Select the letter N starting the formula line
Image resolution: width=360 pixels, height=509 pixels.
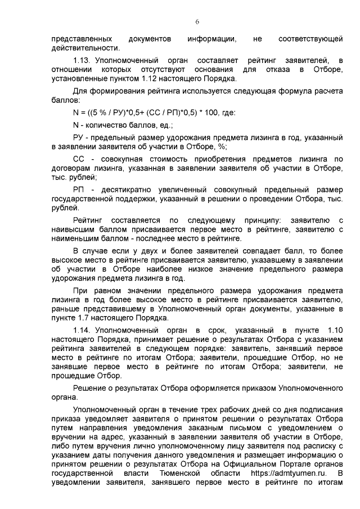click(x=76, y=112)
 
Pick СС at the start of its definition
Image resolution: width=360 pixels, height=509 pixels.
click(x=79, y=159)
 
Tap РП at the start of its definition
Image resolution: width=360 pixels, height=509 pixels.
click(x=79, y=190)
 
